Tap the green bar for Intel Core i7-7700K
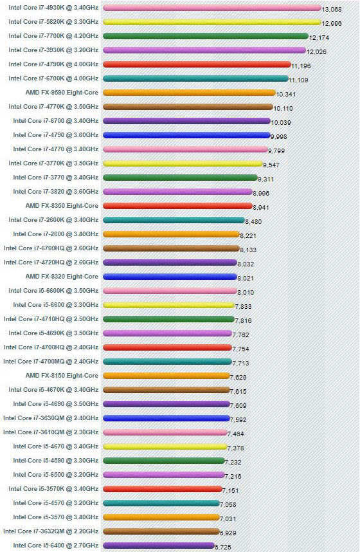coord(205,36)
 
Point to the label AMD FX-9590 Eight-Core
coord(62,93)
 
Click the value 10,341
coord(288,95)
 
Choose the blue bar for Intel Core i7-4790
coord(186,135)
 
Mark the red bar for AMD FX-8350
coord(177,206)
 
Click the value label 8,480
coord(253,222)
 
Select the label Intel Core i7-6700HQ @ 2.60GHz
coord(51,248)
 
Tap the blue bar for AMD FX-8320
coord(170,277)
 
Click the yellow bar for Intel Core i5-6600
coord(168,305)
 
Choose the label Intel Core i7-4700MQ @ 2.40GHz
coord(51,362)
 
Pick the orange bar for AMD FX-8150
coord(166,376)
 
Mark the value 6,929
coord(228,533)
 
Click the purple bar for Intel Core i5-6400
coord(158,546)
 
